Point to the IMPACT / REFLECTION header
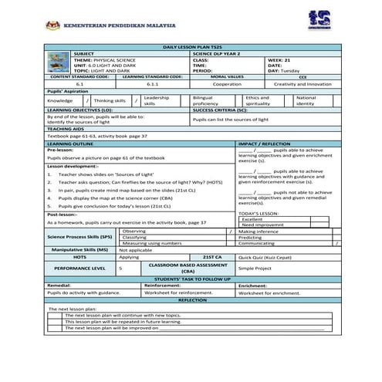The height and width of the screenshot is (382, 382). [x=265, y=144]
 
